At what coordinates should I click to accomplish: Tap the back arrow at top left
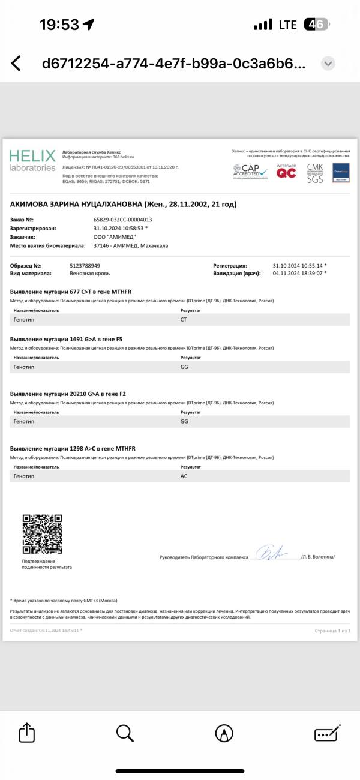coord(16,64)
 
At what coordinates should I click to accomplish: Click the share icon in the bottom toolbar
coord(27,733)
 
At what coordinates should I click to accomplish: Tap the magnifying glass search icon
coord(124,733)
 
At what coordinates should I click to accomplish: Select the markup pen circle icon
coord(224,733)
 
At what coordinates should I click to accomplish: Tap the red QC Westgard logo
coord(286,173)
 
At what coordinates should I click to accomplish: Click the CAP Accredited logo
coord(251,172)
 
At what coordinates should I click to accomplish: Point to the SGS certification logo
coord(315,179)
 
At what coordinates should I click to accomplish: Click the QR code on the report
coord(42,533)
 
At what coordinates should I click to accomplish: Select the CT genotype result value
coord(184,320)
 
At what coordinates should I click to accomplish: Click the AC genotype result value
coord(184,475)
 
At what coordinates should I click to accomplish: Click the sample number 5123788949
coord(85,265)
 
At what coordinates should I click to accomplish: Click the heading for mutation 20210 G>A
coord(68,394)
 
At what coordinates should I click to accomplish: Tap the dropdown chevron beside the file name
coord(328,64)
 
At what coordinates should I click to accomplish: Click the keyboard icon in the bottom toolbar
coord(327,733)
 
